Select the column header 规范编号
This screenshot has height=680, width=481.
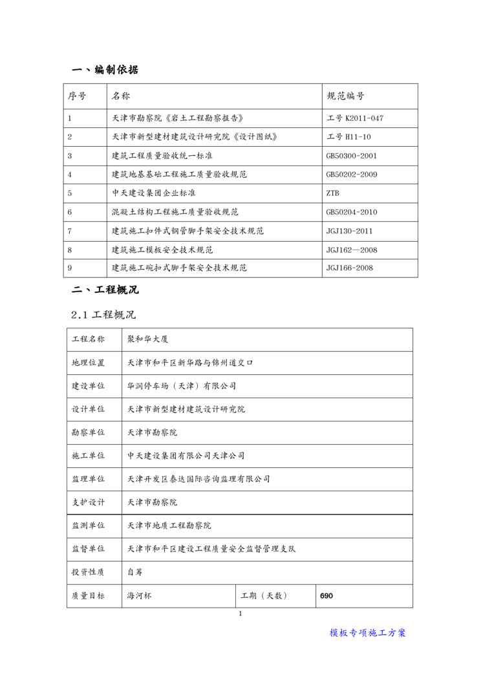(x=346, y=96)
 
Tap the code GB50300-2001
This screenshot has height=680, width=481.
(x=352, y=156)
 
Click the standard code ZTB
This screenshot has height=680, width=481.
(x=333, y=193)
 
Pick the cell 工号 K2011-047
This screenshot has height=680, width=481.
(x=355, y=118)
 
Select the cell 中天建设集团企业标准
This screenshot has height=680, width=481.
(x=154, y=193)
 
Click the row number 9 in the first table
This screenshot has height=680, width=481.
(x=70, y=268)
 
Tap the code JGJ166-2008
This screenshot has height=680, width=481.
(x=349, y=268)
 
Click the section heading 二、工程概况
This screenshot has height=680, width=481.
(x=104, y=290)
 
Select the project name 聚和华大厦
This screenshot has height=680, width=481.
(x=148, y=339)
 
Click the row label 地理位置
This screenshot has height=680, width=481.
(x=88, y=363)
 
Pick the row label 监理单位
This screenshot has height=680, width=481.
(x=88, y=479)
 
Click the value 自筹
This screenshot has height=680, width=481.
(x=134, y=572)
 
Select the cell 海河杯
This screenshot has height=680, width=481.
(x=139, y=595)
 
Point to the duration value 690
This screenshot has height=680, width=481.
(x=326, y=595)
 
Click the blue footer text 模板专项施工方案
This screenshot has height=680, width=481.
(x=368, y=633)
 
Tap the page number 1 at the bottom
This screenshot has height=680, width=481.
(x=240, y=613)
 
